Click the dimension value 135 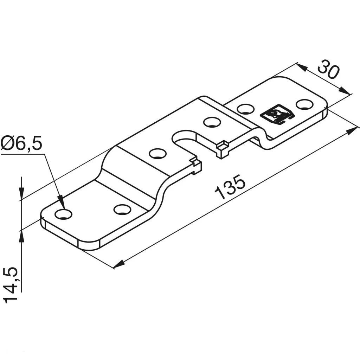coord(230,186)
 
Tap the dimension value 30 coord(328,69)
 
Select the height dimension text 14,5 coord(11,285)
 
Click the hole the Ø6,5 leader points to coord(64,214)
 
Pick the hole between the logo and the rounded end coord(305,104)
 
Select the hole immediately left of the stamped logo coord(246,109)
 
